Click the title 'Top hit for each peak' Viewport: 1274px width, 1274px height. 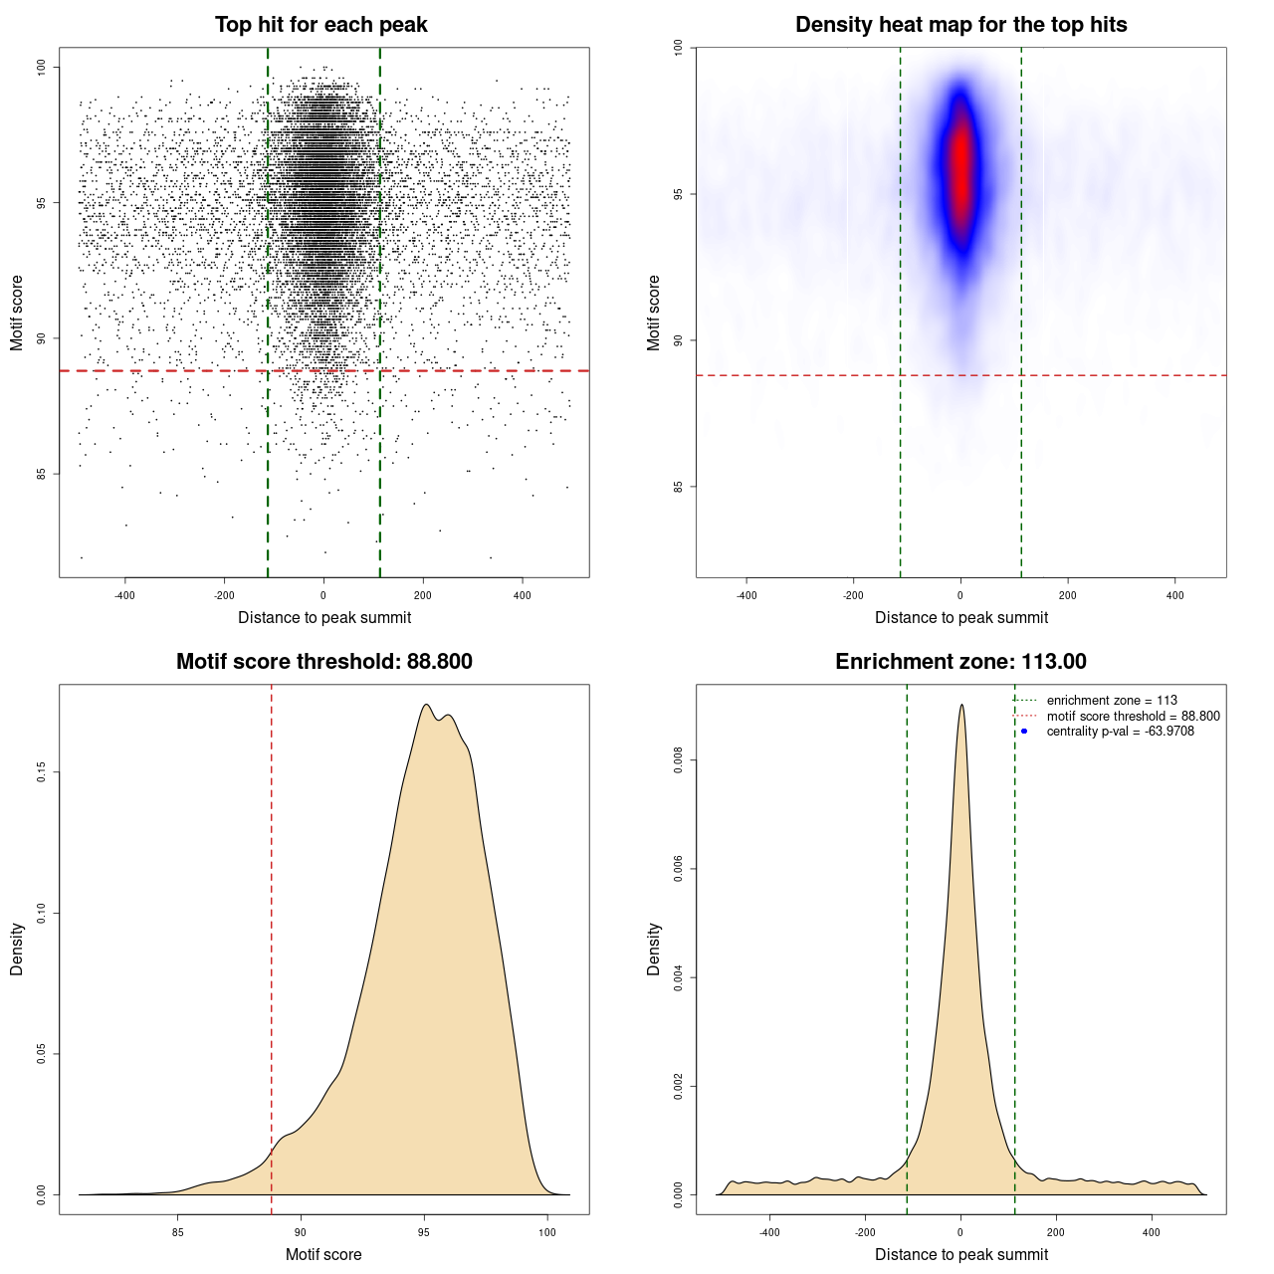point(321,25)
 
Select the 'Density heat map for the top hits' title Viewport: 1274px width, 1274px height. point(960,25)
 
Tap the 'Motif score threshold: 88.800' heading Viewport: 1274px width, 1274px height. point(323,662)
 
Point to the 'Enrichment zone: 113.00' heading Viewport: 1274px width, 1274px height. point(960,662)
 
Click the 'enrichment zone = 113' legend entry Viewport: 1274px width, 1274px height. point(1112,701)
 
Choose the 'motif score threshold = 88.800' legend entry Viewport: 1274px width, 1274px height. point(1133,717)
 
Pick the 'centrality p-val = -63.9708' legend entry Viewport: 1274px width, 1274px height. point(1120,732)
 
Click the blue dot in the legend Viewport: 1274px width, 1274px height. point(1024,732)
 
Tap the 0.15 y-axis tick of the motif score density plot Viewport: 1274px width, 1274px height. point(41,772)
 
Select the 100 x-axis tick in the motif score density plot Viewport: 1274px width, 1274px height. point(547,1232)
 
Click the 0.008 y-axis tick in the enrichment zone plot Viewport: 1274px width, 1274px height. point(678,761)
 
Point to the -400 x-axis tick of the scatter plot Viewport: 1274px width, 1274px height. point(125,595)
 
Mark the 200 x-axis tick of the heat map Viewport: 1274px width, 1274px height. point(1068,595)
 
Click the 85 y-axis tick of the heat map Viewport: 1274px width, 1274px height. point(678,487)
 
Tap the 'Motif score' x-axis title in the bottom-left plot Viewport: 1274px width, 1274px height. point(323,1254)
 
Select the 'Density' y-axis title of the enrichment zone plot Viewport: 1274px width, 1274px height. point(654,949)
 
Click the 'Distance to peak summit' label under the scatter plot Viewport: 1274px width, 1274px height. point(324,617)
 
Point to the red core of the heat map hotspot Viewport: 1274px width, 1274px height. point(960,159)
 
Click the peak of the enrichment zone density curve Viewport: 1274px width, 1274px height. point(961,706)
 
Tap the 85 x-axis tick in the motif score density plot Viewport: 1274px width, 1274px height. point(178,1232)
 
